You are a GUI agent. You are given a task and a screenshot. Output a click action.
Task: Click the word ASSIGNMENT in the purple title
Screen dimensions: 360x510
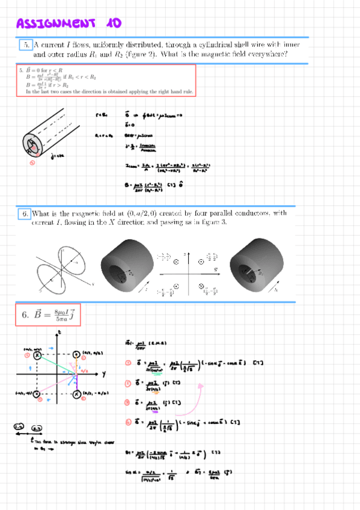point(55,23)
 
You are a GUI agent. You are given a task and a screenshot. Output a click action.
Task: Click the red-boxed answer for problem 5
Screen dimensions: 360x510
point(106,81)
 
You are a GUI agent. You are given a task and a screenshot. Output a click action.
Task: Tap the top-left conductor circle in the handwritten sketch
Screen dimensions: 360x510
point(38,356)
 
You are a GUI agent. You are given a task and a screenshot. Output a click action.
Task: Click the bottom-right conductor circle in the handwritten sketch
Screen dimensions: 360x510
point(76,394)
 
